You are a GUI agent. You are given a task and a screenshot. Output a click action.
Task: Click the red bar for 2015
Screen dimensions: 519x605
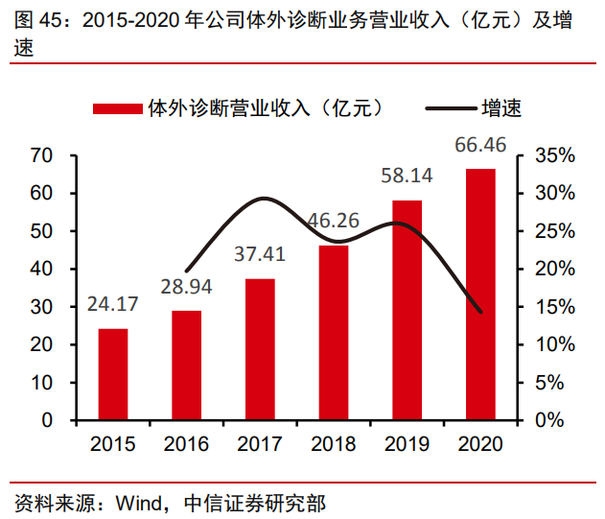tap(112, 374)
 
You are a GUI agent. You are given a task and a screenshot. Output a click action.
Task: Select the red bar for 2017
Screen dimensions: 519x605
tap(260, 349)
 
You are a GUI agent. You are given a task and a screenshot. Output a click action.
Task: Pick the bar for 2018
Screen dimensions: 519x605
tap(334, 332)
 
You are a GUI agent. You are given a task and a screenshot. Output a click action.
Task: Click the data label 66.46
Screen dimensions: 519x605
tap(480, 146)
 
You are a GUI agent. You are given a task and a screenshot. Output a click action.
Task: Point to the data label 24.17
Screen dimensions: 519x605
tap(112, 305)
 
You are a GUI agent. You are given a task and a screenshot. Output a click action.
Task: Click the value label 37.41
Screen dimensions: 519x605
tap(260, 254)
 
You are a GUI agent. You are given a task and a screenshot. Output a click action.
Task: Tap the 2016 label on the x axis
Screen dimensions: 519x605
tap(186, 444)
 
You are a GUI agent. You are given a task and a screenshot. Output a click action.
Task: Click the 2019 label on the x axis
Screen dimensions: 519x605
tap(407, 444)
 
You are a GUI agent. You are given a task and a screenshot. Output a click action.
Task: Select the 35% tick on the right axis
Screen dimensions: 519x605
tap(553, 155)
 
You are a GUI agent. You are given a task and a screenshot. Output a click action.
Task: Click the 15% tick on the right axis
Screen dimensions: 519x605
tap(553, 307)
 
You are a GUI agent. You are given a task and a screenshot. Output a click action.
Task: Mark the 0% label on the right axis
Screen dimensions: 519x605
tap(548, 420)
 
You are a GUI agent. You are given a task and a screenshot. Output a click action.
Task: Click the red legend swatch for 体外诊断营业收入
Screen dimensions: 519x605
tap(118, 108)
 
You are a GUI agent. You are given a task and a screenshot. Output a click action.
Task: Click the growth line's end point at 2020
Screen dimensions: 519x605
tap(480, 312)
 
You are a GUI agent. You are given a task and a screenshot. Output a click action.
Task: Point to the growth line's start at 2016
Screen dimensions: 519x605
tap(186, 271)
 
